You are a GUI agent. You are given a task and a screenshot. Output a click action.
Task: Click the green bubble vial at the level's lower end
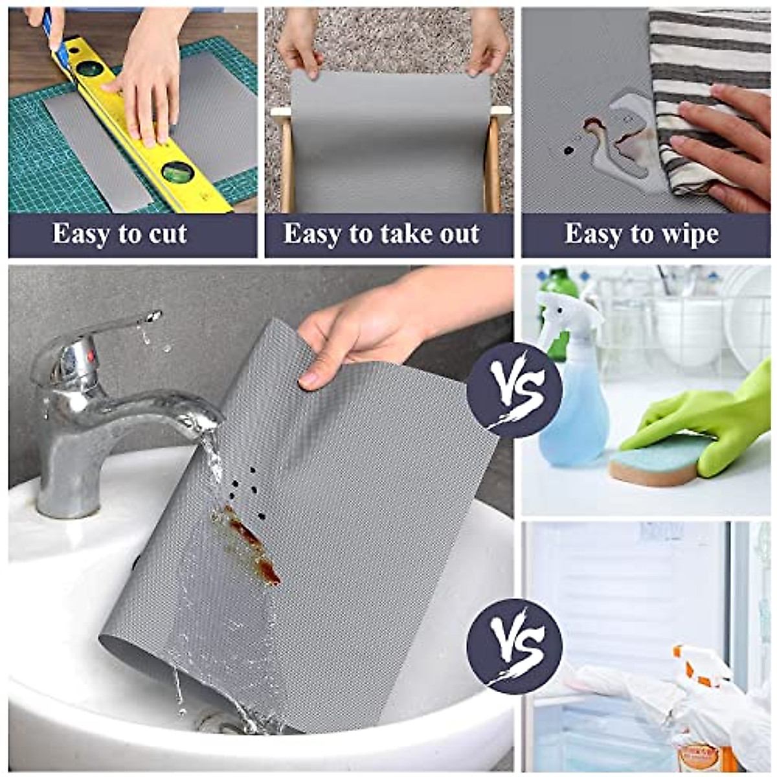[x=176, y=172]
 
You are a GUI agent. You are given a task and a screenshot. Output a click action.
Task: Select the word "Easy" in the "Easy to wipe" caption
[x=590, y=234]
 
